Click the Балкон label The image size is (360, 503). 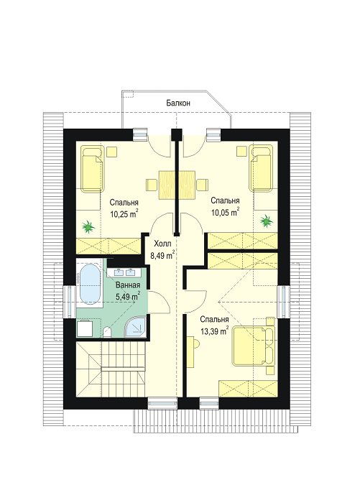coord(178,103)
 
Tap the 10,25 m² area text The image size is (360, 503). coord(124,214)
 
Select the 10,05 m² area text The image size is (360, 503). coord(225,212)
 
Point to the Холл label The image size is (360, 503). coord(163,244)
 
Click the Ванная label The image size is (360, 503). coord(128,285)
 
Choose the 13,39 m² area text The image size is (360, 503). coord(214,331)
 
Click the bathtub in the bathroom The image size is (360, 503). coord(90,284)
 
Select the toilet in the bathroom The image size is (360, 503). coord(107,332)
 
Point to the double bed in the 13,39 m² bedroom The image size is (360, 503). coord(254,346)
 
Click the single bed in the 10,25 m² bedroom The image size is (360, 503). coord(92,168)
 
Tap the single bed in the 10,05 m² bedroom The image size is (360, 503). coord(261,167)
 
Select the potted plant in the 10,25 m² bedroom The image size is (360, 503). coord(88,227)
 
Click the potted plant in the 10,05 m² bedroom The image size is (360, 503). coord(267,221)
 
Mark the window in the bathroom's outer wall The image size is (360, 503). coord(70,302)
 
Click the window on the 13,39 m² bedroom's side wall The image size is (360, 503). coord(283,301)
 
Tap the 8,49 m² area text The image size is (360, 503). coord(162,255)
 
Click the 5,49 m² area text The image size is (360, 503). coord(128,296)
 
